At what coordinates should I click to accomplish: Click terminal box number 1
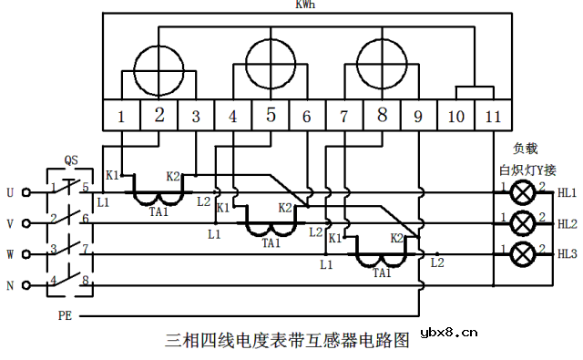[121, 116]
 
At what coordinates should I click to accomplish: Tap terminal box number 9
[418, 116]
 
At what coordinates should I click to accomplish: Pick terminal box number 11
[492, 116]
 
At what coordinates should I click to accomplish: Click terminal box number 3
[195, 116]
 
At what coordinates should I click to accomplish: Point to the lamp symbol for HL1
[522, 192]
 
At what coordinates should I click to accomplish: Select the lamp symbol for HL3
[522, 252]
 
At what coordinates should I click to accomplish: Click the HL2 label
[567, 223]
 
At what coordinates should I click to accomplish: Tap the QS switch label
[71, 159]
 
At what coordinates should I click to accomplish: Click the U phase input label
[10, 193]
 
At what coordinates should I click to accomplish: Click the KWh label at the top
[306, 5]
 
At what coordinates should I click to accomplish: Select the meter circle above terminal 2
[159, 65]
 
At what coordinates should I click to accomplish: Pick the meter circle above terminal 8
[382, 65]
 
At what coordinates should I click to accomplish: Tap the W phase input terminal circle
[26, 253]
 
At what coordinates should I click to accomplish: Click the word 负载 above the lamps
[526, 148]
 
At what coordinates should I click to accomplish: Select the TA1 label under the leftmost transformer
[159, 212]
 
